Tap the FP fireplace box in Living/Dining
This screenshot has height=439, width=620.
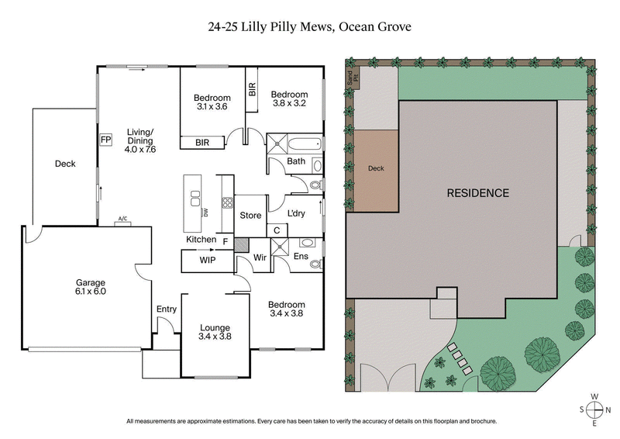[105, 140]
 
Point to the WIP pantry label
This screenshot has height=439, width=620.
[208, 261]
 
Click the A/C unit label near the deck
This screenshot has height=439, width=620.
[122, 219]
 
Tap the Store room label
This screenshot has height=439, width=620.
[250, 215]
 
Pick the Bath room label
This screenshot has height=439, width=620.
[295, 161]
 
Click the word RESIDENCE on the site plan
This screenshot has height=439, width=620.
[477, 193]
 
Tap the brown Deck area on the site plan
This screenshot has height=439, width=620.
[375, 168]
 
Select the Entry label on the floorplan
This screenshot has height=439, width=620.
[167, 309]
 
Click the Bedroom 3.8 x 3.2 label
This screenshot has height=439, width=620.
[289, 98]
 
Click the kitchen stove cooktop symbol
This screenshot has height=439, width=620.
[227, 205]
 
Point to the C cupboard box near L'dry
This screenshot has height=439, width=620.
[277, 230]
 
